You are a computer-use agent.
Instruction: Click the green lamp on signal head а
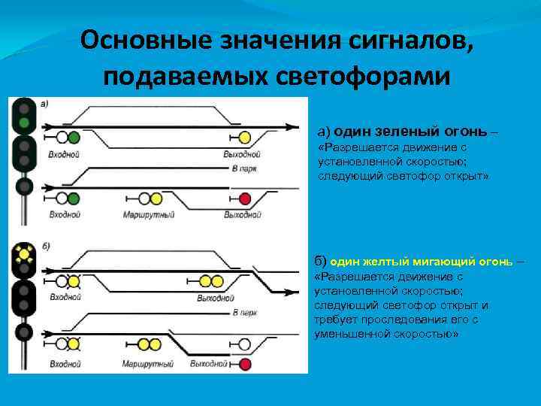point(25,122)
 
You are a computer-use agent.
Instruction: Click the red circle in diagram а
point(246,198)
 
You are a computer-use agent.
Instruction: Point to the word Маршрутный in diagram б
point(149,364)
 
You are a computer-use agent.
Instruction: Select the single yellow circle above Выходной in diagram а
point(245,138)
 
